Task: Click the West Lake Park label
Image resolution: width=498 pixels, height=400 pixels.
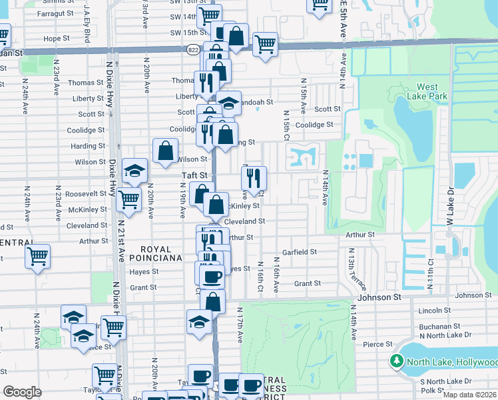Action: (427, 91)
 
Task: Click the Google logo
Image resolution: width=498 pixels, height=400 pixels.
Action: (21, 392)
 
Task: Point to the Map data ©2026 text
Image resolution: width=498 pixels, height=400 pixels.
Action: (470, 395)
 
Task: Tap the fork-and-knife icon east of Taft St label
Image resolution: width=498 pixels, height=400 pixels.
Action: (254, 177)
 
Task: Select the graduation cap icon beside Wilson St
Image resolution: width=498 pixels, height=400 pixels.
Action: (134, 171)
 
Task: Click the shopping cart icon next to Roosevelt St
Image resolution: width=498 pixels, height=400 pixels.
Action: (129, 199)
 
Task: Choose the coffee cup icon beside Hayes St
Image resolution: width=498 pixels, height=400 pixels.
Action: (212, 276)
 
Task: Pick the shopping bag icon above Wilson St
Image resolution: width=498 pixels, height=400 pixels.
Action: (165, 151)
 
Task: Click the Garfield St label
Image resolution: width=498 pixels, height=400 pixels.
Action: (299, 252)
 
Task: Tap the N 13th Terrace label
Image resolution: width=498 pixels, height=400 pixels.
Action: (351, 267)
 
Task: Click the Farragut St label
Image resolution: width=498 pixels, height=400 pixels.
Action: (55, 13)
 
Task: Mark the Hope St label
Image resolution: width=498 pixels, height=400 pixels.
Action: (57, 39)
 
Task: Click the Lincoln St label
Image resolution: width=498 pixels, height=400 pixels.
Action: (435, 311)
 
